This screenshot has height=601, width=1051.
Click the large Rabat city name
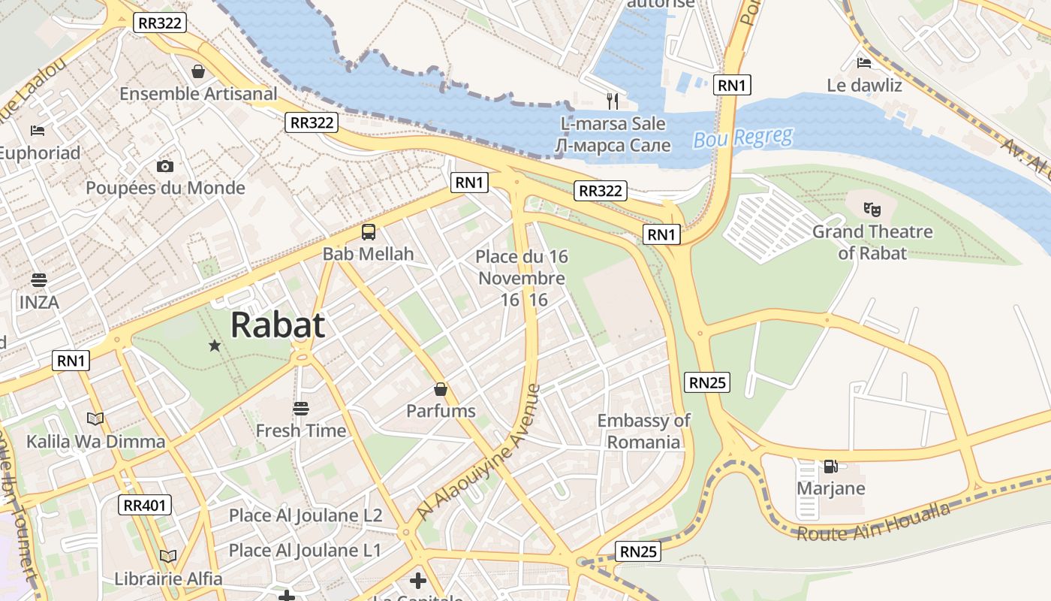tap(278, 325)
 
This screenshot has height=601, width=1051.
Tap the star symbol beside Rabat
tap(215, 346)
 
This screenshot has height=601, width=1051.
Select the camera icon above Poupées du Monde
tap(165, 166)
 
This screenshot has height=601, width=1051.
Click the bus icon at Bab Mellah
tap(368, 232)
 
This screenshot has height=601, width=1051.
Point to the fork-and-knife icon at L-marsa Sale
tap(613, 101)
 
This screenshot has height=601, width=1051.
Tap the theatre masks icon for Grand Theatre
tap(871, 209)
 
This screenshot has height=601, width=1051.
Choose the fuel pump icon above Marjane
tap(830, 467)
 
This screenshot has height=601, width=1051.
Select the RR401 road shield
tap(145, 506)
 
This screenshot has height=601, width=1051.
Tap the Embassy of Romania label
tap(643, 431)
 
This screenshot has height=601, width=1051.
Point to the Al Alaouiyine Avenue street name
tap(479, 452)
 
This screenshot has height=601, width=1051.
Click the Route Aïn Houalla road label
tap(872, 524)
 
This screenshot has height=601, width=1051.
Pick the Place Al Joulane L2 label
tap(306, 515)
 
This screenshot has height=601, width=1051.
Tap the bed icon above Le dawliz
tap(864, 62)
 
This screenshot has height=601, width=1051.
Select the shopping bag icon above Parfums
tap(441, 389)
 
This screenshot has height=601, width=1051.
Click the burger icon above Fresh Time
tap(301, 409)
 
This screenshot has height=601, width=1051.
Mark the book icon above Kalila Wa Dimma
tap(95, 418)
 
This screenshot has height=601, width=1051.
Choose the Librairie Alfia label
tap(168, 578)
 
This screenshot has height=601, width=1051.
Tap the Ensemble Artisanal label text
tap(198, 94)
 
